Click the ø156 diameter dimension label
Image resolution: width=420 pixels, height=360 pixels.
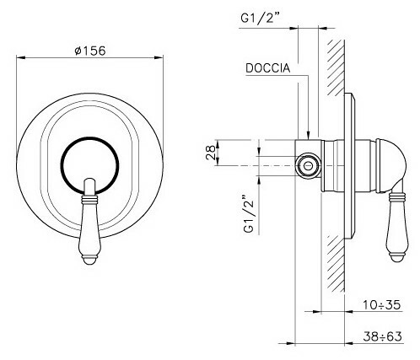pyautogui.click(x=90, y=51)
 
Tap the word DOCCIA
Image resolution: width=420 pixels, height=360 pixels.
pyautogui.click(x=267, y=68)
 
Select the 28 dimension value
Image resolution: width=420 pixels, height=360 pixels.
pyautogui.click(x=211, y=153)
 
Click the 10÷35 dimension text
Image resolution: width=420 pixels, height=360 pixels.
pyautogui.click(x=381, y=304)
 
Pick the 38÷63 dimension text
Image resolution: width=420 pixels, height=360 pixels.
pyautogui.click(x=382, y=336)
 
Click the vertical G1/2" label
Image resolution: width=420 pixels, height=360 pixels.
pyautogui.click(x=249, y=213)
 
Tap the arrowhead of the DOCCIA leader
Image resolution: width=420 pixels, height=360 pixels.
pyautogui.click(x=309, y=136)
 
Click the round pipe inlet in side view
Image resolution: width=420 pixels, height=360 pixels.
pyautogui.click(x=309, y=165)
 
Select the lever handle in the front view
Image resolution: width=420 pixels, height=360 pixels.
pyautogui.click(x=89, y=221)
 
